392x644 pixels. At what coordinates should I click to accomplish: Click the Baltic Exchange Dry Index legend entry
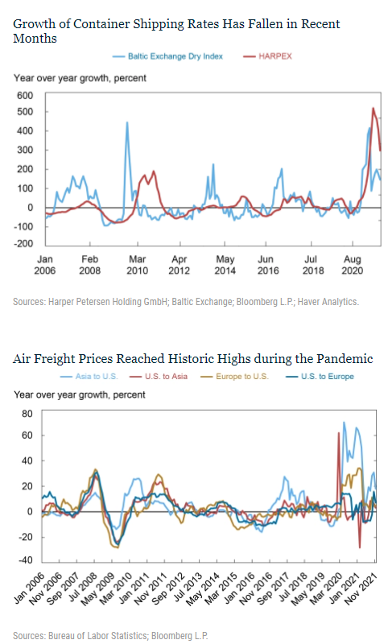click(168, 56)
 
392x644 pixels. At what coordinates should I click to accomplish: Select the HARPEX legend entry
click(267, 56)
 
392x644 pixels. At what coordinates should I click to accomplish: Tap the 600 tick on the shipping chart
click(25, 95)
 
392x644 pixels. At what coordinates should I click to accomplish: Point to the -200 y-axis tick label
click(23, 243)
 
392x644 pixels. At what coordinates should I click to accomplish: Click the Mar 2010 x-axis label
click(137, 265)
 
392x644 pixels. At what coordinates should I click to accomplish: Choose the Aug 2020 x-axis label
click(353, 265)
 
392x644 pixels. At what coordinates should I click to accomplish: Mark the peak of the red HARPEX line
click(373, 109)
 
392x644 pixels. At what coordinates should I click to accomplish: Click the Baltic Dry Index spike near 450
click(127, 122)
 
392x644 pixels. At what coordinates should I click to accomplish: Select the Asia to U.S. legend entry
click(89, 376)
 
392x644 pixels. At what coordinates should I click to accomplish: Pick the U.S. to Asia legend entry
click(159, 376)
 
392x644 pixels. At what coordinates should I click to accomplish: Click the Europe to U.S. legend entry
click(235, 376)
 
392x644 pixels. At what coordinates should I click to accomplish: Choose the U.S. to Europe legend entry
click(320, 376)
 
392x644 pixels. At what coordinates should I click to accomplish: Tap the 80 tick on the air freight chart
click(27, 414)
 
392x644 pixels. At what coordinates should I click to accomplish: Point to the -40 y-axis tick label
click(25, 560)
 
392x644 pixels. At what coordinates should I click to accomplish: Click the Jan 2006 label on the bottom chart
click(29, 588)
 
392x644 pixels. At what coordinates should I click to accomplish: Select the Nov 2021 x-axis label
click(361, 588)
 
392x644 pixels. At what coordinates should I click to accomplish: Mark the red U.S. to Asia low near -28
click(360, 547)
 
